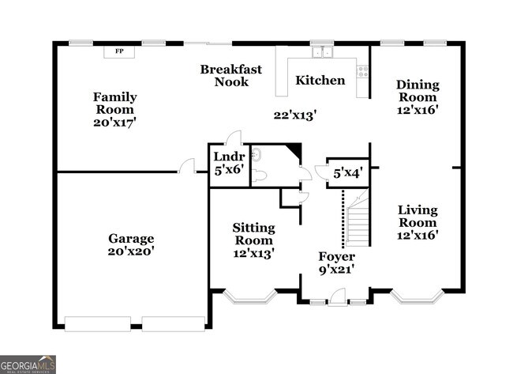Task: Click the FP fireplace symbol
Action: click(120, 51)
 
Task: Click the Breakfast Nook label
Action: click(230, 75)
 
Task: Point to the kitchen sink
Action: click(320, 52)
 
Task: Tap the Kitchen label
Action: click(320, 80)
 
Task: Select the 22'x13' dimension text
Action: click(295, 115)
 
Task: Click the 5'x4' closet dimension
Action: click(347, 173)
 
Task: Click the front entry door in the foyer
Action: click(337, 297)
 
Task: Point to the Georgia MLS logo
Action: click(28, 364)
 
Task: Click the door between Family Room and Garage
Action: click(188, 166)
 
